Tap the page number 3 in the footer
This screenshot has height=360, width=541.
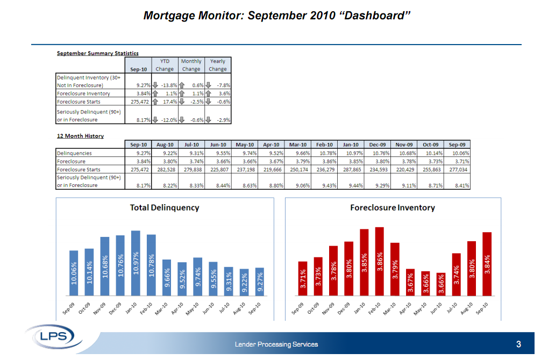[518, 344]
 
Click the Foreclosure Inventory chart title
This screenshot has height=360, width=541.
[393, 207]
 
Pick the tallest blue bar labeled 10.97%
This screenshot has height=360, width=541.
[136, 263]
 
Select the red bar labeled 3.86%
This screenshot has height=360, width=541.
[380, 262]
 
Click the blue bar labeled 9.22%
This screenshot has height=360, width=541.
[244, 283]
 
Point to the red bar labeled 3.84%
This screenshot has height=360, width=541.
[487, 264]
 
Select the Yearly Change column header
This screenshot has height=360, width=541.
[218, 65]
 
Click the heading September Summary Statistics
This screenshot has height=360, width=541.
[98, 53]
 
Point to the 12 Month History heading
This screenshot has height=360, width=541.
[81, 136]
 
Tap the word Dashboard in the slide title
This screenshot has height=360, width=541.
[376, 15]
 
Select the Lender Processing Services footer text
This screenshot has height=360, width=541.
[276, 344]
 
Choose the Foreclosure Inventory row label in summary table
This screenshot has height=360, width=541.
[83, 93]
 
